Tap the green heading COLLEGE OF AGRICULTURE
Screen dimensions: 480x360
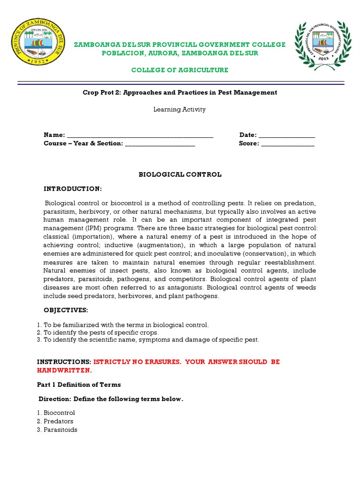(x=180, y=70)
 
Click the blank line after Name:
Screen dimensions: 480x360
(x=140, y=135)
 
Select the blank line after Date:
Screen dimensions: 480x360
(x=287, y=135)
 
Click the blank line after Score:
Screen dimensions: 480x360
(x=288, y=144)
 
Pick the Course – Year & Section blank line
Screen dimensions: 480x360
(x=160, y=144)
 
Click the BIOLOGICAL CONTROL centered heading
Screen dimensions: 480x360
(x=180, y=174)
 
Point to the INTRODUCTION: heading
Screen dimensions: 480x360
(x=73, y=188)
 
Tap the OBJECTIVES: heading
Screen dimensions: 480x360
(x=66, y=310)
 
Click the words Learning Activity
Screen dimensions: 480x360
(x=180, y=110)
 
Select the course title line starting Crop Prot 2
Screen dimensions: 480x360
(x=180, y=92)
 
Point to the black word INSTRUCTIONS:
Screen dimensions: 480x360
(x=64, y=362)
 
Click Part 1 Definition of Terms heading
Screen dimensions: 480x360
(x=79, y=384)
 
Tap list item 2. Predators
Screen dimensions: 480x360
(x=55, y=421)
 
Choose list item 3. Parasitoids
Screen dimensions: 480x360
(x=57, y=429)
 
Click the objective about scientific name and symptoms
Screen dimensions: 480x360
(x=148, y=339)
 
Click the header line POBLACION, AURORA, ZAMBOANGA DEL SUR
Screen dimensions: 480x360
(x=180, y=53)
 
